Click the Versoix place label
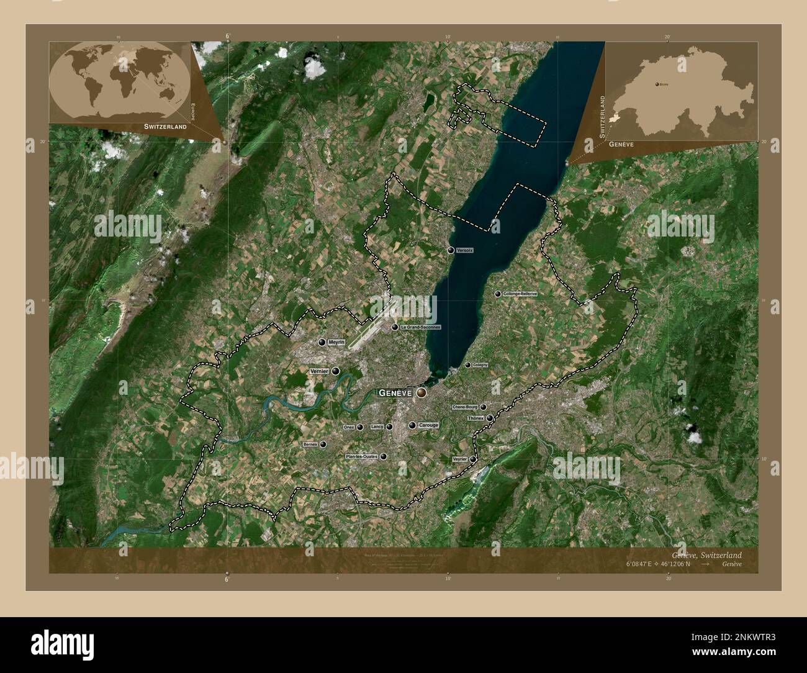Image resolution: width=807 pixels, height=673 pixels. pyautogui.click(x=464, y=250)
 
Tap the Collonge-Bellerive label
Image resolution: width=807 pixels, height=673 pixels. pyautogui.click(x=520, y=294)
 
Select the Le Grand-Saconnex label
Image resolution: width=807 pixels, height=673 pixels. pyautogui.click(x=421, y=327)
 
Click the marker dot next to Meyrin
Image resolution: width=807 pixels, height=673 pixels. pyautogui.click(x=322, y=342)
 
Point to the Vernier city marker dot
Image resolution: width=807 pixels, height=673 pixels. pyautogui.click(x=336, y=371)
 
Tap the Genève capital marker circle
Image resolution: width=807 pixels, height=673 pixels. pyautogui.click(x=422, y=393)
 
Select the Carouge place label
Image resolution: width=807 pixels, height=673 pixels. pyautogui.click(x=428, y=425)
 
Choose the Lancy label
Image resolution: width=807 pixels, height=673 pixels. pyautogui.click(x=377, y=427)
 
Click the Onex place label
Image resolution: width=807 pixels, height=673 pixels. pyautogui.click(x=348, y=428)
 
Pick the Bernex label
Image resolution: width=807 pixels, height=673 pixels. pyautogui.click(x=310, y=445)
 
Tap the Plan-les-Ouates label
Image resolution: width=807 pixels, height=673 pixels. pyautogui.click(x=361, y=456)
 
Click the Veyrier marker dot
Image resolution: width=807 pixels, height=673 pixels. pyautogui.click(x=473, y=459)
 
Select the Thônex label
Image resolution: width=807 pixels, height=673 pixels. pyautogui.click(x=476, y=418)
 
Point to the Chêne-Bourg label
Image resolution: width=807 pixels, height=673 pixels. pyautogui.click(x=465, y=407)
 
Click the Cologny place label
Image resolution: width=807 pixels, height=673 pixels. pyautogui.click(x=480, y=365)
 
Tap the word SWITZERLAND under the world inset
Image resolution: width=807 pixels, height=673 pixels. pyautogui.click(x=165, y=126)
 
